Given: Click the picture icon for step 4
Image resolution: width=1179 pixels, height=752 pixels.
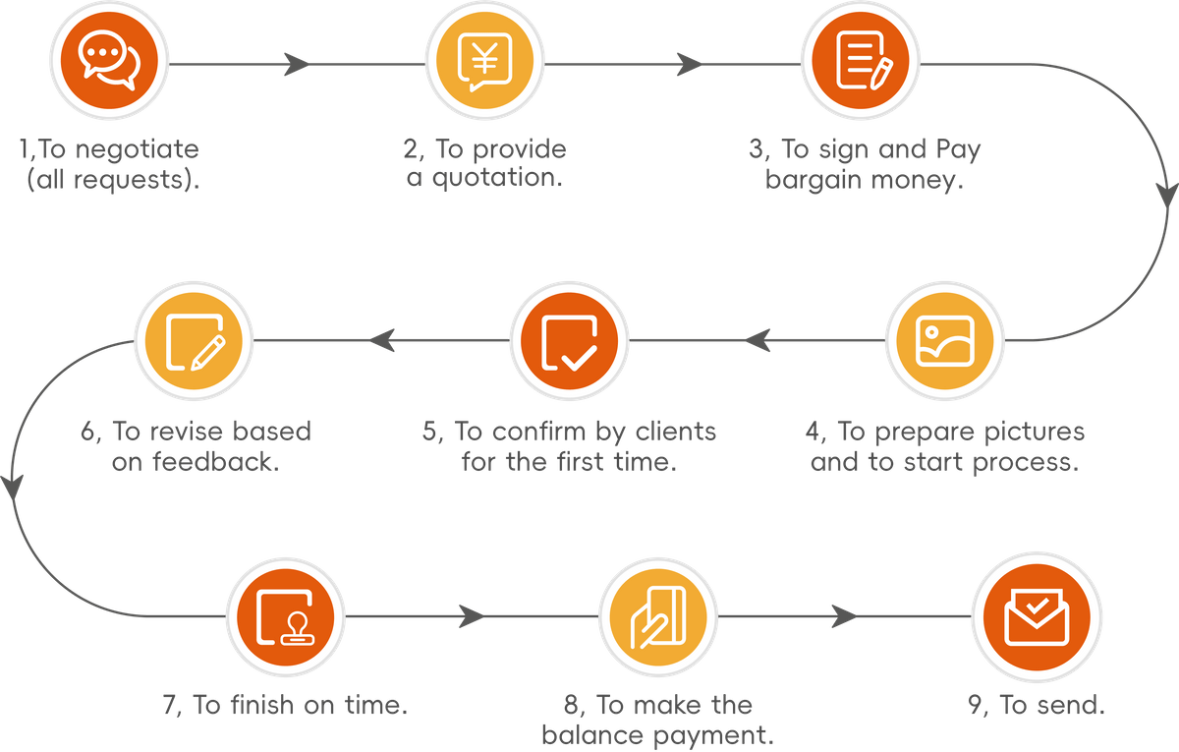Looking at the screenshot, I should (944, 341).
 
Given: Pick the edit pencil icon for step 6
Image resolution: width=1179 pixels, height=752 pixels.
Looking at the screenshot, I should (193, 341).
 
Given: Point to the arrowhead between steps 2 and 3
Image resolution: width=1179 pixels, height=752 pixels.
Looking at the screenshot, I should (690, 65).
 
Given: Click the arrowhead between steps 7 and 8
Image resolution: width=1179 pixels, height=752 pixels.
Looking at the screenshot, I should (472, 617).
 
